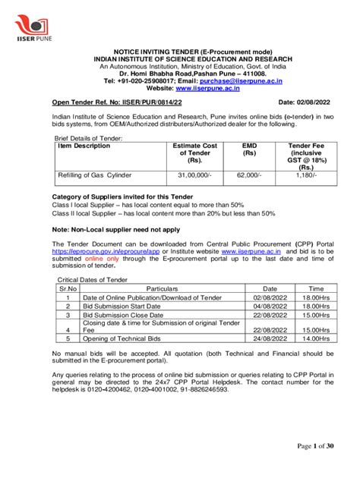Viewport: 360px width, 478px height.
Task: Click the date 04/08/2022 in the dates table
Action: click(270, 306)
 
